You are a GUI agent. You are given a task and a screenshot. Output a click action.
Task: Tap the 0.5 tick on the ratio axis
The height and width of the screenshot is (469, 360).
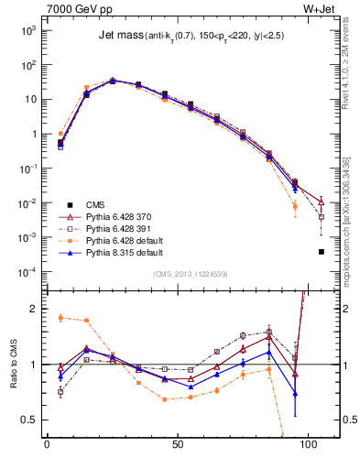tap(28, 420)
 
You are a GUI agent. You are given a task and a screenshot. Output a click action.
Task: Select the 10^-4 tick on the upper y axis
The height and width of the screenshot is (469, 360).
tap(27, 272)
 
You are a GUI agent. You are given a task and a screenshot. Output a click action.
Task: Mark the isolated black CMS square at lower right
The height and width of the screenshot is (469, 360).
tap(321, 251)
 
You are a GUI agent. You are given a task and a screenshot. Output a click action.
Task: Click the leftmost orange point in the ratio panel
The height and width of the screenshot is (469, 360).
tap(60, 318)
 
